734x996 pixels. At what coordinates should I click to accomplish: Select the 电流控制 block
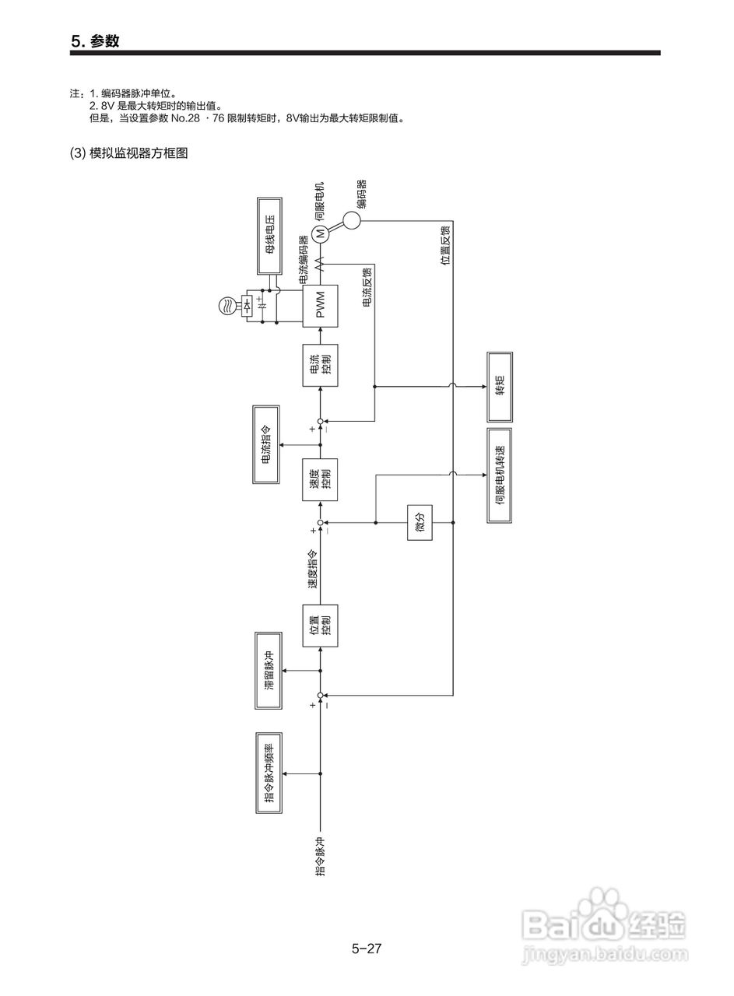(321, 364)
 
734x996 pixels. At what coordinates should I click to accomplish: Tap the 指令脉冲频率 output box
(269, 773)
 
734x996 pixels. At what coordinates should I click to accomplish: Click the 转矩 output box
(500, 387)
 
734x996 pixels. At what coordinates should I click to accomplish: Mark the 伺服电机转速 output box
(500, 474)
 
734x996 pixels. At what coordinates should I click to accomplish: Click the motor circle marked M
(321, 233)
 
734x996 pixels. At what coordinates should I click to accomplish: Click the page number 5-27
(367, 949)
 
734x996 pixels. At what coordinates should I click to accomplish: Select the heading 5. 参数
(95, 41)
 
